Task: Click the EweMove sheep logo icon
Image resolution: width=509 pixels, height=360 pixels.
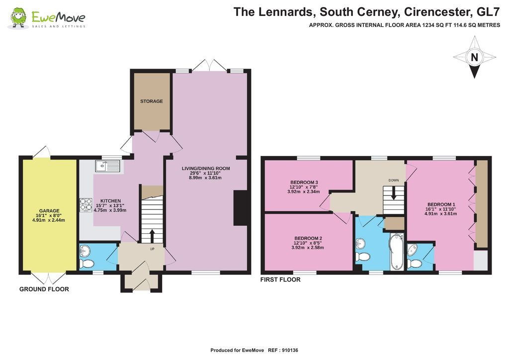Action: point(18,18)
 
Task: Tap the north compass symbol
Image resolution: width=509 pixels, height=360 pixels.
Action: point(474,59)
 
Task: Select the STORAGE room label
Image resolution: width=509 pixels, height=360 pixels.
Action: point(151,101)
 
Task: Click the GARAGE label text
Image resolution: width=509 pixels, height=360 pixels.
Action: point(50,211)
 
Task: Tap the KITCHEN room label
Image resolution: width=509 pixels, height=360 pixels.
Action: point(107,201)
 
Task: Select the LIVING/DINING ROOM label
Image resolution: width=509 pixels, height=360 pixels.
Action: point(205,169)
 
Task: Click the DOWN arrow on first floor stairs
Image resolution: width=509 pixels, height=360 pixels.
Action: point(394,192)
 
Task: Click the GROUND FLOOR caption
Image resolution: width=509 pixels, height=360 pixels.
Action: point(44,289)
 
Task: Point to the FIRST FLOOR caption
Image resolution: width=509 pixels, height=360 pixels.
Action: point(280,280)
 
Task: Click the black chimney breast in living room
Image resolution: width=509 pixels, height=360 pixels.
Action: point(241,208)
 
